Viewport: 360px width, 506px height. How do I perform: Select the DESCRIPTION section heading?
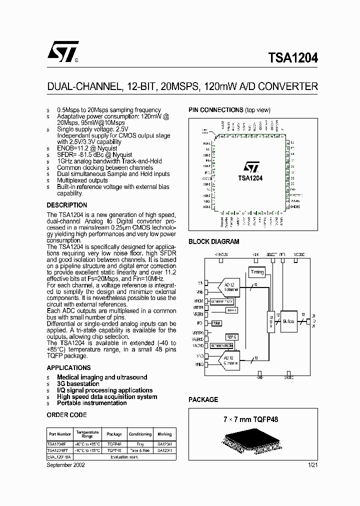(67, 205)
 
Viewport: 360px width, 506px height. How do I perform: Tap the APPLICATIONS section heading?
(68, 367)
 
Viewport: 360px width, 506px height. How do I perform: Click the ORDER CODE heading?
(66, 415)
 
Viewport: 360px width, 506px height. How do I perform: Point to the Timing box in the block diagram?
(257, 272)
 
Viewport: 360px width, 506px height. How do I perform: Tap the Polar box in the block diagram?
(216, 323)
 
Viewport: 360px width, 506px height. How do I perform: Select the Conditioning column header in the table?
(140, 434)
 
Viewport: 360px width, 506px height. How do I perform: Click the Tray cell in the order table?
(140, 443)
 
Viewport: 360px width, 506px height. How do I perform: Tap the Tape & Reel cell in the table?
(140, 450)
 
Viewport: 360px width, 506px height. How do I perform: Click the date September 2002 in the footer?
(65, 464)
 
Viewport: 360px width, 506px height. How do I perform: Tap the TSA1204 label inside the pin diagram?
(250, 177)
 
